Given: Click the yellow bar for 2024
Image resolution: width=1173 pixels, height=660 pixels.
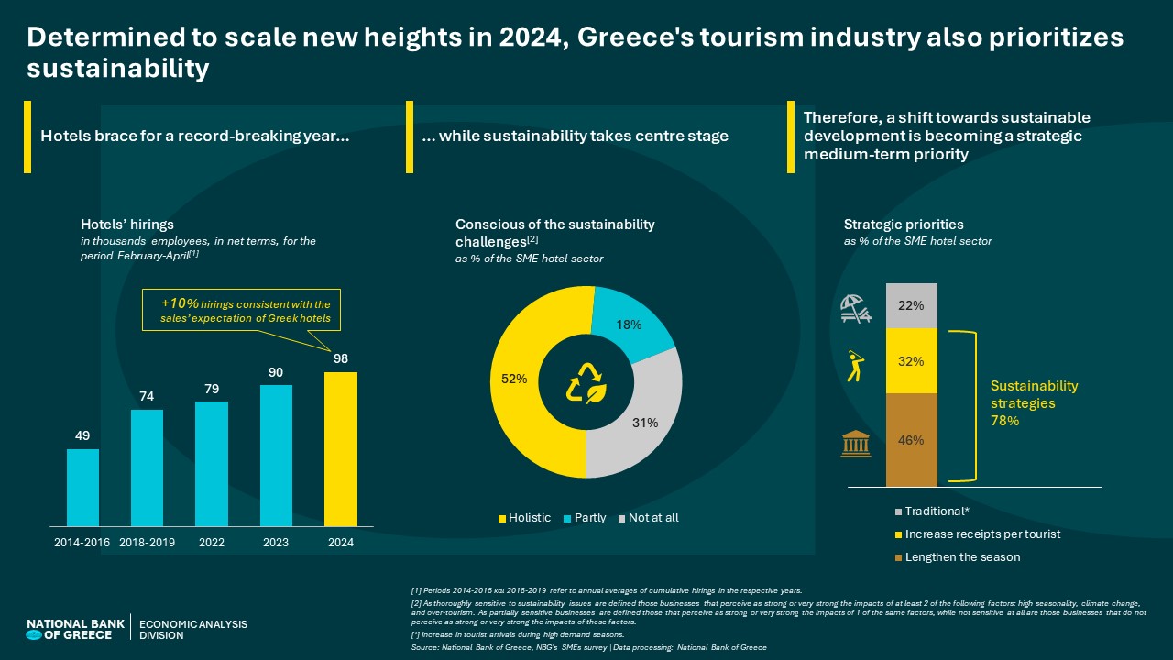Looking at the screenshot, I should (x=341, y=449).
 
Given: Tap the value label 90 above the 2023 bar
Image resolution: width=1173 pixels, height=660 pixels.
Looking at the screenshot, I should (x=276, y=371).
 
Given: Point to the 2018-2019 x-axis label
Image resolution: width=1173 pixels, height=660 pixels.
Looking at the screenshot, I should (x=147, y=543).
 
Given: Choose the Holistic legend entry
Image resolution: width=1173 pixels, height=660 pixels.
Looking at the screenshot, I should (x=524, y=518).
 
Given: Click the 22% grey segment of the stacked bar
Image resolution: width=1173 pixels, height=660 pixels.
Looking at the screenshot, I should (x=912, y=305).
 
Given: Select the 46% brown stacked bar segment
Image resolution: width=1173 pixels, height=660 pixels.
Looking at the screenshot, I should (x=912, y=440).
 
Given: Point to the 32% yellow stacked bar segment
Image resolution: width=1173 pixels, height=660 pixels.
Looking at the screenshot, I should (x=912, y=360).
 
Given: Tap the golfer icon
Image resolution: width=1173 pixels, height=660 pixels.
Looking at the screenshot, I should (x=854, y=366).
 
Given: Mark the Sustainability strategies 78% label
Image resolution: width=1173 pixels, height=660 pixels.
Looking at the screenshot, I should (x=1035, y=403).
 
